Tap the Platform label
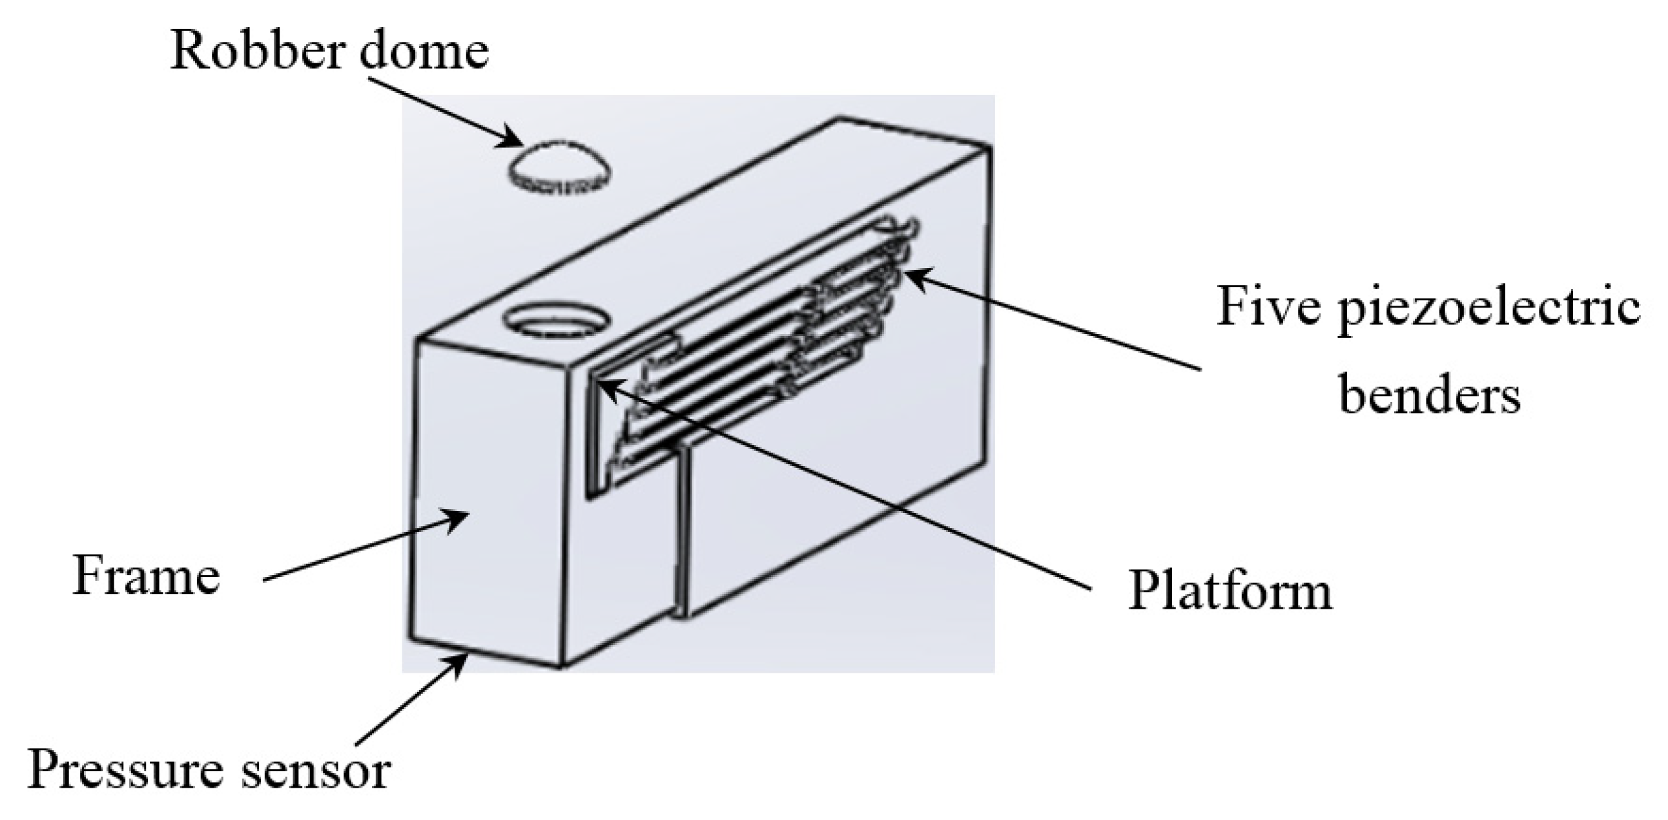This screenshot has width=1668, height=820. (1230, 591)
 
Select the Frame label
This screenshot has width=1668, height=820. (147, 576)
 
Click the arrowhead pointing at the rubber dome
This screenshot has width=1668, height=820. (515, 141)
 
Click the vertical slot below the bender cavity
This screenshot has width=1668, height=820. (681, 531)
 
